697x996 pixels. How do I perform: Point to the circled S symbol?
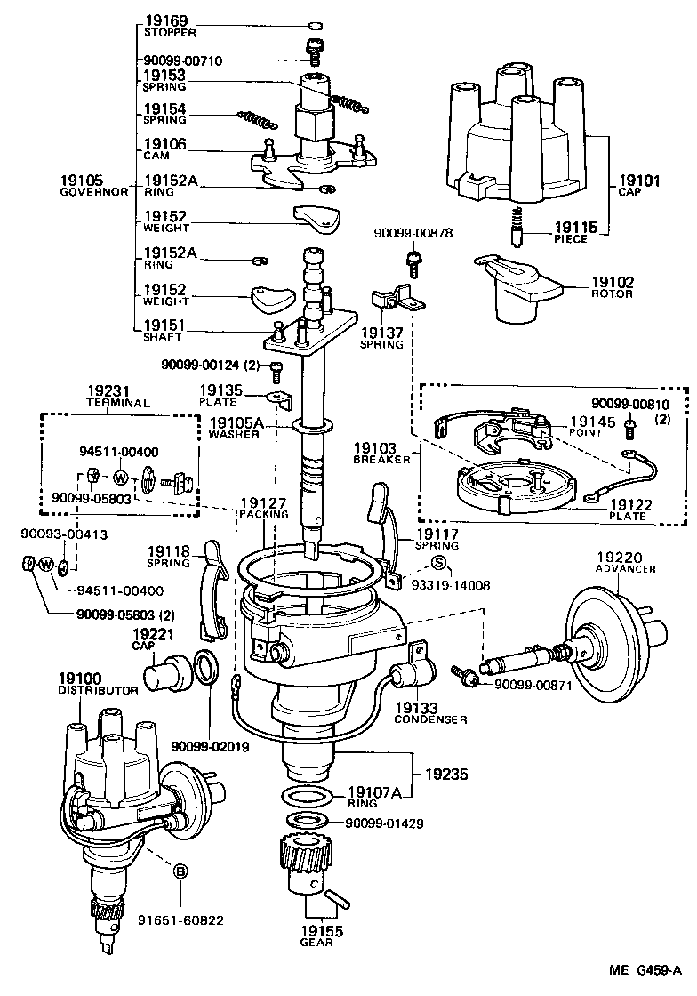(437, 562)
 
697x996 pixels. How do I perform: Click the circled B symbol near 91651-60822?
(180, 871)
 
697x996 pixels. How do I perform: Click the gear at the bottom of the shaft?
(300, 868)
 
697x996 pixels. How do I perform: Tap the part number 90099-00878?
(413, 233)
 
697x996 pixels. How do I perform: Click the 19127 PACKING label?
(263, 509)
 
